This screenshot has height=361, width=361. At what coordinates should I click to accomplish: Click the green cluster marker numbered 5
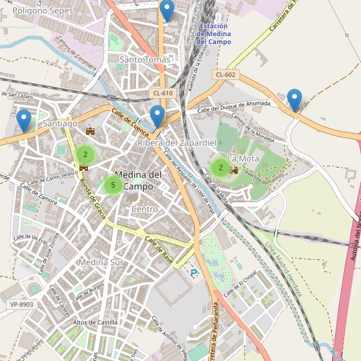[113, 185]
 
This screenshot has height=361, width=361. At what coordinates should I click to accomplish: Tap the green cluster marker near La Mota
[221, 168]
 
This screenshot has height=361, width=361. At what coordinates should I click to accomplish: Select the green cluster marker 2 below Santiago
[85, 155]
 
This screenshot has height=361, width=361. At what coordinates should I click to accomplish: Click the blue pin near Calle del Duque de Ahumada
[294, 99]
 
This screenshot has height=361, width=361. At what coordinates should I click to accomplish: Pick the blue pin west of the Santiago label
[24, 120]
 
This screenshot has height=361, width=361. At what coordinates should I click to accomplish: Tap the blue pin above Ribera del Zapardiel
[158, 116]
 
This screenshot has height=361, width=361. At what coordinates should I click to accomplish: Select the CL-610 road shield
[162, 93]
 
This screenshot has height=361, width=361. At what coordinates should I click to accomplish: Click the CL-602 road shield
[225, 75]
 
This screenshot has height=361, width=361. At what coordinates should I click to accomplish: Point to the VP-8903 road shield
[22, 304]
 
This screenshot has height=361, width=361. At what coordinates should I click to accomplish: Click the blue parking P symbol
[194, 273]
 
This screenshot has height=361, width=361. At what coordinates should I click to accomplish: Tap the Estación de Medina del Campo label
[214, 34]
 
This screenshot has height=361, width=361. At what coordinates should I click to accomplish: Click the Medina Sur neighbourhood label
[100, 262]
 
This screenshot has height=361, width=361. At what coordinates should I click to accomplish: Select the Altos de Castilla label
[95, 322]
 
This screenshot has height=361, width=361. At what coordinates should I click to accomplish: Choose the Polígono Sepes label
[38, 11]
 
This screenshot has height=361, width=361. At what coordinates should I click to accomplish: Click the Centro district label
[144, 209]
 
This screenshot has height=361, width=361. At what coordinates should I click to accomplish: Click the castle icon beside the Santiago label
[91, 131]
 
